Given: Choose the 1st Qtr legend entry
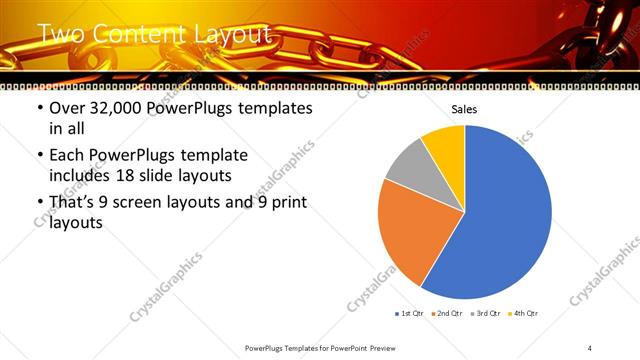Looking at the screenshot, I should pyautogui.click(x=410, y=314).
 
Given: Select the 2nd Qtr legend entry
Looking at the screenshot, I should pyautogui.click(x=446, y=314).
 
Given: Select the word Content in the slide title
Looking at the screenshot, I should pyautogui.click(x=131, y=35).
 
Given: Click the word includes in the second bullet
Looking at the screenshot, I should pyautogui.click(x=83, y=174).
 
